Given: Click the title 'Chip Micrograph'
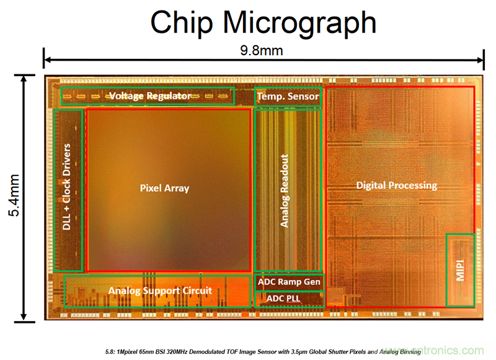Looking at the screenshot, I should (x=263, y=23).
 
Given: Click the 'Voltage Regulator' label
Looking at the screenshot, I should (x=150, y=96).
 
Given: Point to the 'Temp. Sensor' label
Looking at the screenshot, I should (x=288, y=96).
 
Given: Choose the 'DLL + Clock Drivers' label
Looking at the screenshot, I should (x=67, y=188).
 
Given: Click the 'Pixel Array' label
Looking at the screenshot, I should (x=164, y=188).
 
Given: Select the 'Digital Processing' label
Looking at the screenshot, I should (x=396, y=185).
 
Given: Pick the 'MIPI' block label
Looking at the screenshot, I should (x=461, y=269).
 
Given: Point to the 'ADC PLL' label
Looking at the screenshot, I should (x=285, y=299).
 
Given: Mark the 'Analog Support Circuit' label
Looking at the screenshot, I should (x=160, y=290).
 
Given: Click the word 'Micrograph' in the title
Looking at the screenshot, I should (x=300, y=23).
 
